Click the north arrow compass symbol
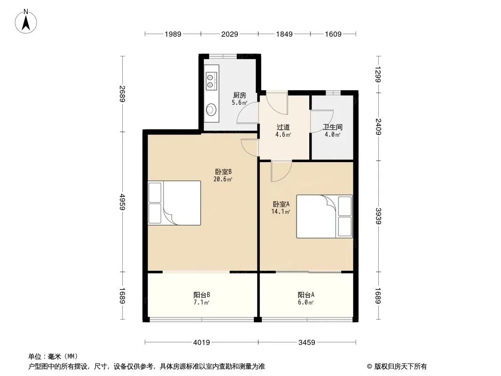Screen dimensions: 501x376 pyautogui.click(x=26, y=22)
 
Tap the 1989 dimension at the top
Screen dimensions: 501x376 pyautogui.click(x=173, y=34)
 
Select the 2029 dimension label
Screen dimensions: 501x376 pyautogui.click(x=229, y=34)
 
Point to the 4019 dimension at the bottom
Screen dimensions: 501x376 pyautogui.click(x=202, y=343)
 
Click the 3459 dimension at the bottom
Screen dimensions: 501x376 pyautogui.click(x=307, y=343)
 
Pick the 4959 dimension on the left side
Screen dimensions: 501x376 pyautogui.click(x=122, y=202)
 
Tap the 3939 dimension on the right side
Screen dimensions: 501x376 pyautogui.click(x=379, y=216)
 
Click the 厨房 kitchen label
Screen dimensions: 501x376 pyautogui.click(x=240, y=95)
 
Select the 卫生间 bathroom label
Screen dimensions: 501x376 pyautogui.click(x=333, y=127)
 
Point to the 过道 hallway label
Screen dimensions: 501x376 pyautogui.click(x=283, y=127)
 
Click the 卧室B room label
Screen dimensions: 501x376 pyautogui.click(x=223, y=172)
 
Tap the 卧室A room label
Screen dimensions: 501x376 pyautogui.click(x=281, y=204)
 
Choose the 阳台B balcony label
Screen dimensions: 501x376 pyautogui.click(x=202, y=295)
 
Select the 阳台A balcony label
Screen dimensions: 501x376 pyautogui.click(x=306, y=295)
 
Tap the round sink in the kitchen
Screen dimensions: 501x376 pyautogui.click(x=211, y=110)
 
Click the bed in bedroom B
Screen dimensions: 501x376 pyautogui.click(x=174, y=203)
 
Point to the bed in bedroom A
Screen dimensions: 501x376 pyautogui.click(x=324, y=216)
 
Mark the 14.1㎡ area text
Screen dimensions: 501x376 pyautogui.click(x=281, y=211)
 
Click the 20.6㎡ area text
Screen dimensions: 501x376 pyautogui.click(x=223, y=179)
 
